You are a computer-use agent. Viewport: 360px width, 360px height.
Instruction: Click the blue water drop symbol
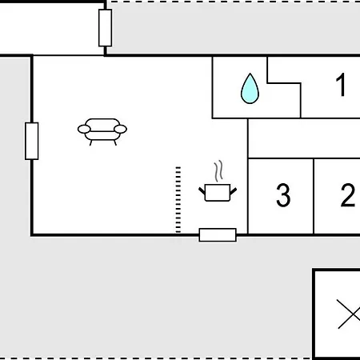[x=250, y=89]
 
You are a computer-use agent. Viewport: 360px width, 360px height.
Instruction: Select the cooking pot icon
[x=218, y=192]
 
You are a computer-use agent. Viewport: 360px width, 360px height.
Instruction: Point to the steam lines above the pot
[x=218, y=171]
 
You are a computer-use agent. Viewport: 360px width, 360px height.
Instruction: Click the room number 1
[x=341, y=85]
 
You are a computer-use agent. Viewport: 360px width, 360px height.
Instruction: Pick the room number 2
[x=348, y=195]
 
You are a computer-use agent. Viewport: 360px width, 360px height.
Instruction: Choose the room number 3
[x=283, y=195]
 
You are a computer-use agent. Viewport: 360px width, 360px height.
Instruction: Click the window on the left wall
[x=32, y=141]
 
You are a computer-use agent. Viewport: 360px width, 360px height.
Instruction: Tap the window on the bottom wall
[x=218, y=235]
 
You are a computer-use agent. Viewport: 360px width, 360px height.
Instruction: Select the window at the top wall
[x=105, y=28]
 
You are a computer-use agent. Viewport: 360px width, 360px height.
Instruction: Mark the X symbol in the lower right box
[x=349, y=314]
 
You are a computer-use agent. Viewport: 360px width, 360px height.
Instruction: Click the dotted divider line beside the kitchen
[x=178, y=200]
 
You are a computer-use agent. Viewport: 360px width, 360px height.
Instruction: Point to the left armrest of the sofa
[x=84, y=129]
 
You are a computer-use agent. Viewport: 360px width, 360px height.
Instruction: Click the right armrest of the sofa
[x=120, y=129]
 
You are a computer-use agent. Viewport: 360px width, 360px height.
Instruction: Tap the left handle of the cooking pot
[x=202, y=191]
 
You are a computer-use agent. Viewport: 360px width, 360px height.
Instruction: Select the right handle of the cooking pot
[x=233, y=191]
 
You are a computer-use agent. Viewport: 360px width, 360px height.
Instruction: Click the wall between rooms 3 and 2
[x=314, y=196]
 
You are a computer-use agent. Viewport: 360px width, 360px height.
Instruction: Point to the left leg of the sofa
[x=90, y=143]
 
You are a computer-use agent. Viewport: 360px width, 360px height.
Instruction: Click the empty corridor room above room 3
[x=304, y=138]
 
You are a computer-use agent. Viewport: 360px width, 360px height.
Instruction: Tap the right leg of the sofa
[x=115, y=143]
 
